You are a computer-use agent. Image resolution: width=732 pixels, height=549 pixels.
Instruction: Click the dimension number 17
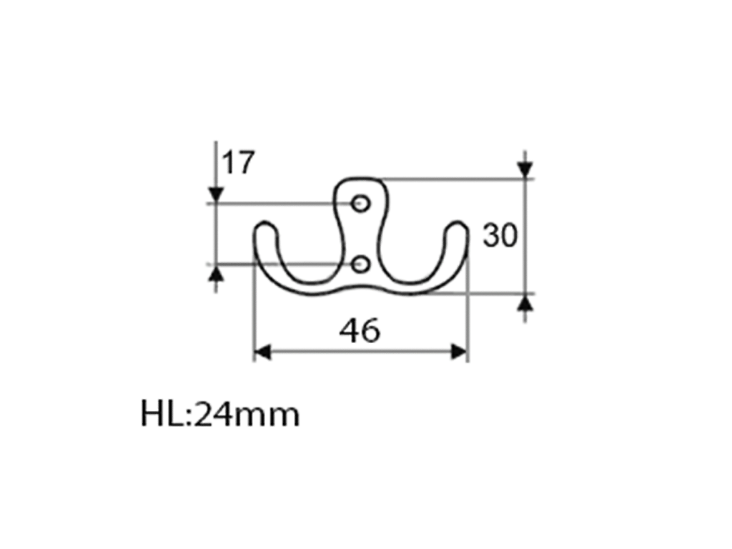pyautogui.click(x=238, y=162)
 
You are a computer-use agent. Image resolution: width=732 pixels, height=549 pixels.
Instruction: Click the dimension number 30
pyautogui.click(x=500, y=235)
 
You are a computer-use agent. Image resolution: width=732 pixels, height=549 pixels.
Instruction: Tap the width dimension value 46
pyautogui.click(x=360, y=330)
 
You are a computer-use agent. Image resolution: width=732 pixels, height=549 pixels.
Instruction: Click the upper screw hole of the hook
pyautogui.click(x=360, y=204)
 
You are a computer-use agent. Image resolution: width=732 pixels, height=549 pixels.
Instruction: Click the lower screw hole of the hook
pyautogui.click(x=360, y=264)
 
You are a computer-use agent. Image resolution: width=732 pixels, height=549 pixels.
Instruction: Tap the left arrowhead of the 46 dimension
pyautogui.click(x=262, y=352)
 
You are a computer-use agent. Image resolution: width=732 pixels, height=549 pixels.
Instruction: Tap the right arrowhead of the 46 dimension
pyautogui.click(x=459, y=352)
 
